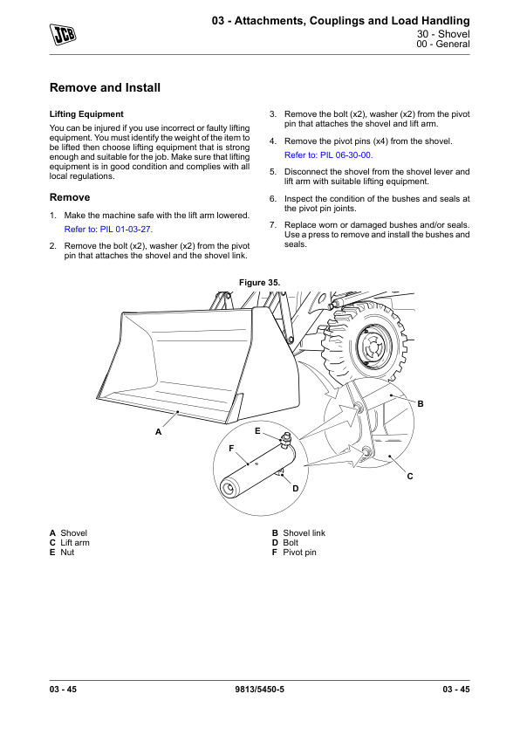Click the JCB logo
tap(63, 34)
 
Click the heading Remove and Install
tap(105, 87)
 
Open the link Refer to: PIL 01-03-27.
tap(108, 230)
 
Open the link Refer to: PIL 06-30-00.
tap(328, 155)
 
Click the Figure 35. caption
tap(259, 283)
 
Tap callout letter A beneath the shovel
tap(158, 432)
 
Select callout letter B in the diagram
tap(421, 403)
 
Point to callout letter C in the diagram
tap(410, 477)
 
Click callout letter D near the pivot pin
tap(295, 489)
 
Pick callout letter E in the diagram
tap(257, 430)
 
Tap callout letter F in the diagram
tap(231, 449)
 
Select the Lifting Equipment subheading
tap(86, 113)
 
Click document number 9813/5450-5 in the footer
tap(259, 689)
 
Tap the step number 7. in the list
tap(273, 225)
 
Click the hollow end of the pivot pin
tap(228, 489)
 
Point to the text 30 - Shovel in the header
tap(443, 34)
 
